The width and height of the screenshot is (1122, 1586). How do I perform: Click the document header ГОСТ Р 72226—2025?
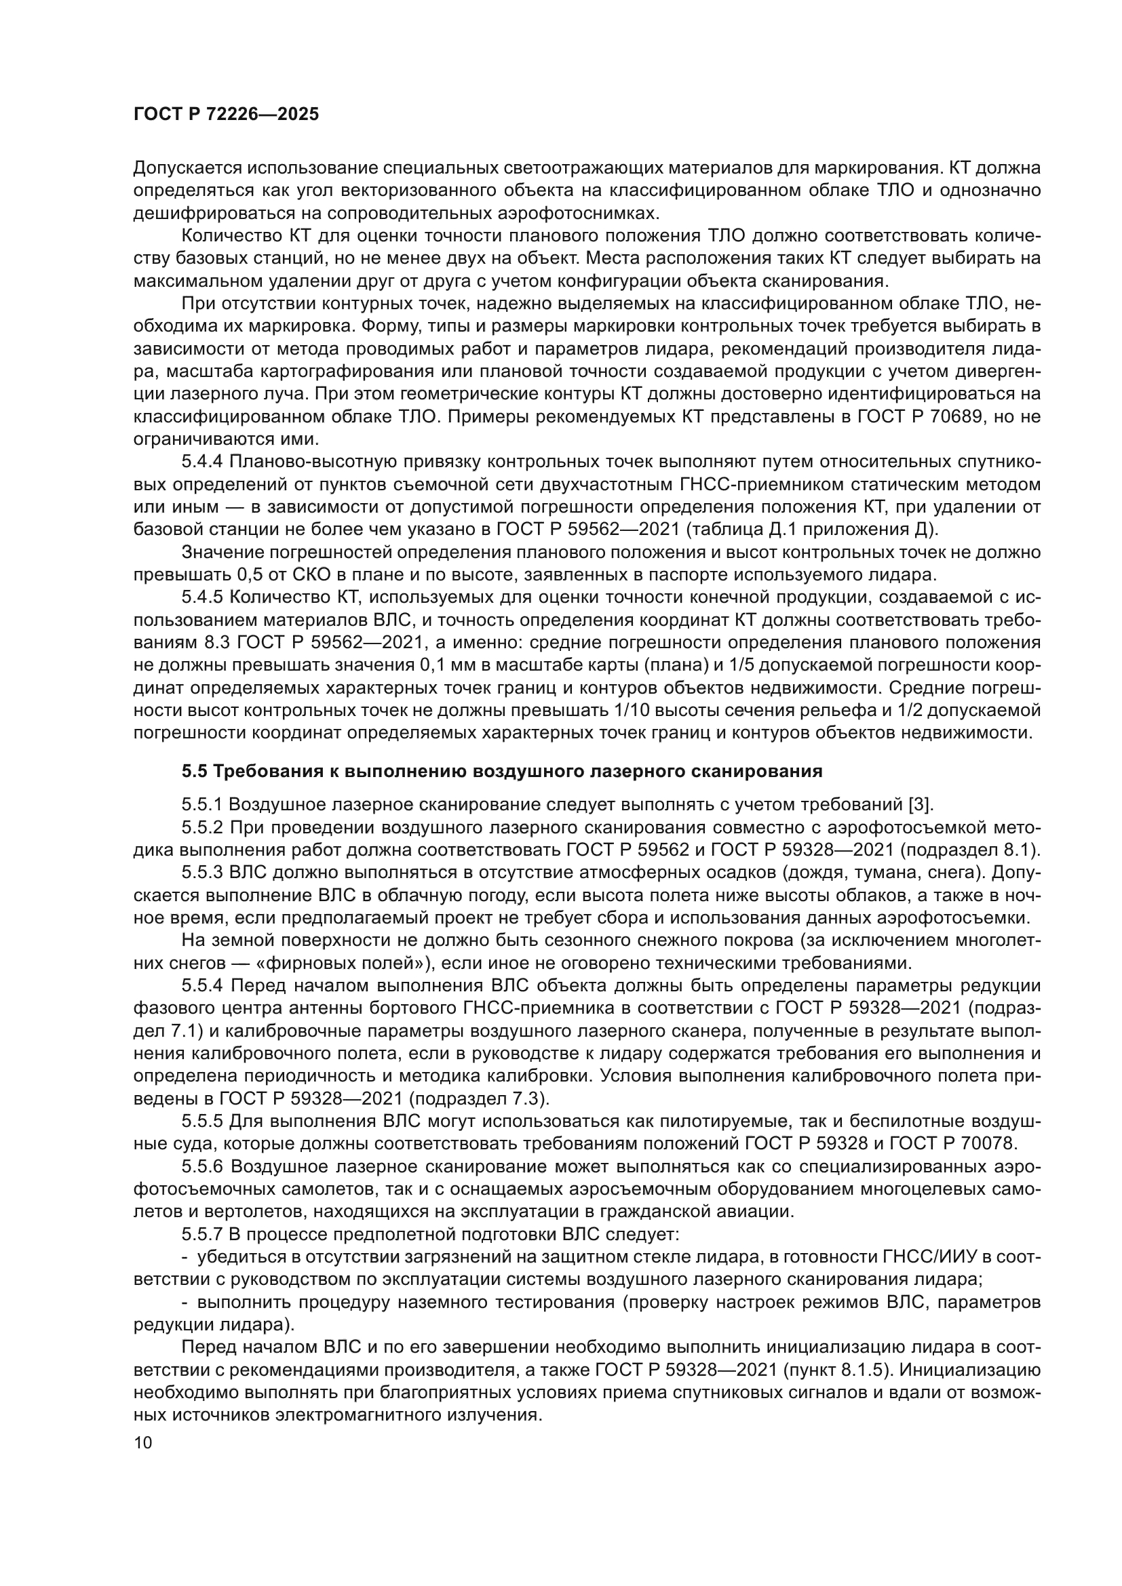226,115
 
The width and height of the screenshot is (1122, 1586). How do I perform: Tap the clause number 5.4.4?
202,460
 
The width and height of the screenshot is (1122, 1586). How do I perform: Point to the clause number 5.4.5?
202,597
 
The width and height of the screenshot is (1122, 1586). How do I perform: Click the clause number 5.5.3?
202,873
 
